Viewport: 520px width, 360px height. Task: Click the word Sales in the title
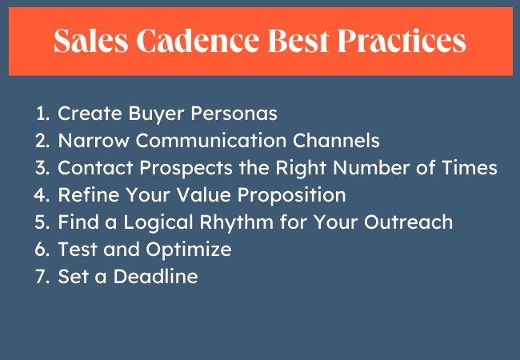[x=91, y=41]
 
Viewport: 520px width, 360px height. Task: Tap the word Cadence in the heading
[x=198, y=41]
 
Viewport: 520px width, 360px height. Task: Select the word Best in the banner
[x=298, y=41]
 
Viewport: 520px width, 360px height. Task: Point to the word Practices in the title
[x=402, y=41]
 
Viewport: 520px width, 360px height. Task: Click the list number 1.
[x=42, y=114]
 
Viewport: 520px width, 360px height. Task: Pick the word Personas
[x=234, y=114]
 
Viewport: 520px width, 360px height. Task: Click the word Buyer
[x=156, y=114]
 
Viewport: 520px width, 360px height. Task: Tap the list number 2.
[x=42, y=141]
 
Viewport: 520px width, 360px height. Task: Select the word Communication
[x=211, y=140]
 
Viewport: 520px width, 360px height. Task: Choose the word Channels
[x=336, y=140]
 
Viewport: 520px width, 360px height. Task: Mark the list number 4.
[x=42, y=195]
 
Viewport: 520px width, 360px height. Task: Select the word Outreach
[x=409, y=222]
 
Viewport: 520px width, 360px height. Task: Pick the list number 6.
[x=42, y=250]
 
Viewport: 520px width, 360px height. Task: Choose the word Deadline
[x=156, y=276]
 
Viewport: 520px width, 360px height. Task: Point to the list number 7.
[x=42, y=277]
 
